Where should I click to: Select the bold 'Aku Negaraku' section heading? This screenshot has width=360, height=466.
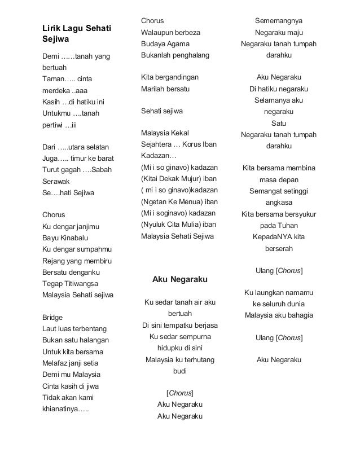coord(180,279)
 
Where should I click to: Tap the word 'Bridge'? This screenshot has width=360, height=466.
coord(52,318)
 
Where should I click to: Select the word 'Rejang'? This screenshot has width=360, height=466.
coord(54,261)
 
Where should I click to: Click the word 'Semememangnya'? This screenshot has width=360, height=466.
coord(278,21)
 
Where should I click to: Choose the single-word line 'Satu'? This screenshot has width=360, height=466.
coord(278,123)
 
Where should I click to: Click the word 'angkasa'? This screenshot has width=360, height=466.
coord(278,203)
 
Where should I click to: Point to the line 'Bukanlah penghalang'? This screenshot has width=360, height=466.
coord(174,55)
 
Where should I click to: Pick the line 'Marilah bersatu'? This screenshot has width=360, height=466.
coord(165,89)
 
